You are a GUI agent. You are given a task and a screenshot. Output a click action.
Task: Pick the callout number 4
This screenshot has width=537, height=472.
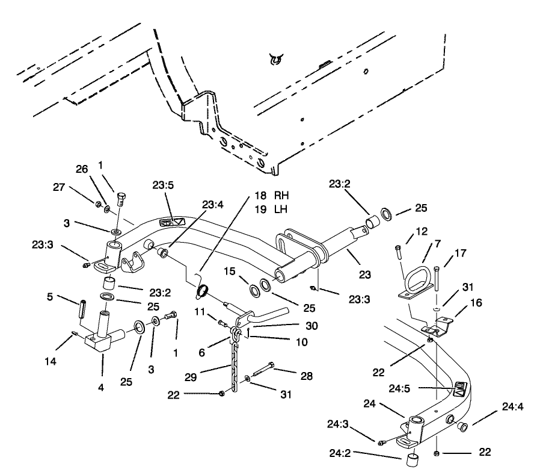pos(101,388)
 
